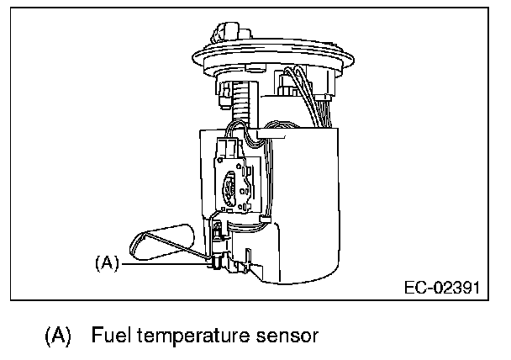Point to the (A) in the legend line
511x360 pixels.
[x=57, y=337]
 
